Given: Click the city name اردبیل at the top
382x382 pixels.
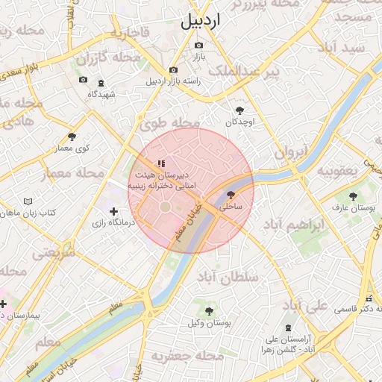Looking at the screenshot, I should pyautogui.click(x=201, y=21).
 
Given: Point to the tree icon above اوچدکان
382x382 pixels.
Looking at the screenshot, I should pyautogui.click(x=239, y=110).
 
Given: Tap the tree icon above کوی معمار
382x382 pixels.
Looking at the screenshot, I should pyautogui.click(x=72, y=137).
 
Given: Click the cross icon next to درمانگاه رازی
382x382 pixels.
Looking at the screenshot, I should pyautogui.click(x=113, y=212).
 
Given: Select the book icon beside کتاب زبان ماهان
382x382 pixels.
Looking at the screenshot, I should pyautogui.click(x=28, y=201).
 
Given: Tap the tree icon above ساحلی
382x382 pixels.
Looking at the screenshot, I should pyautogui.click(x=229, y=194).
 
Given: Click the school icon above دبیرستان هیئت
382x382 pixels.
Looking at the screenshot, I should pyautogui.click(x=160, y=163).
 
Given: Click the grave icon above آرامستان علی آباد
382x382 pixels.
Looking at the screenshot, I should pyautogui.click(x=289, y=328).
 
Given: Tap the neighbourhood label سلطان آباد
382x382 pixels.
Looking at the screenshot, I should pyautogui.click(x=227, y=277).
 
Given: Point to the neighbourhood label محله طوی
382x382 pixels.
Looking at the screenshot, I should pyautogui.click(x=170, y=125).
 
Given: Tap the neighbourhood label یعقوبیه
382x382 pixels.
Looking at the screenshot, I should pyautogui.click(x=342, y=170).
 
